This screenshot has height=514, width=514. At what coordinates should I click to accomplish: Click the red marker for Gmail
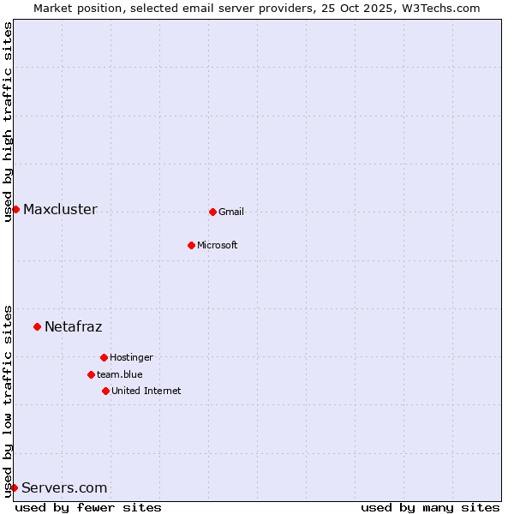[x=212, y=212]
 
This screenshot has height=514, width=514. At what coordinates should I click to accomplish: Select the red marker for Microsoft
[x=191, y=245]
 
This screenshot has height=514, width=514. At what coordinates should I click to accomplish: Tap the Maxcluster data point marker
[x=15, y=209]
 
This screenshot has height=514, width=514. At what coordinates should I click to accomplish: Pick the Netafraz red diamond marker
[x=37, y=326]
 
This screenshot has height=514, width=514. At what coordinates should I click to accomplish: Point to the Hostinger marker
[x=104, y=357]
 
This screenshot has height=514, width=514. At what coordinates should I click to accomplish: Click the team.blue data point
[x=91, y=374]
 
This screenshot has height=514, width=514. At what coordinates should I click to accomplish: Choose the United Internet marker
[x=105, y=391]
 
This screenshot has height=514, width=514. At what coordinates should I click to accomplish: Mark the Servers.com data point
[x=14, y=487]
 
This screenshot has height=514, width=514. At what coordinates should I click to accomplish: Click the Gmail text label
[x=231, y=212]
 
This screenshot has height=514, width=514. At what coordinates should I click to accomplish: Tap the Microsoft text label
[x=218, y=245]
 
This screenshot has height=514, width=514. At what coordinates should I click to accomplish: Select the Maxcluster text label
[x=60, y=209]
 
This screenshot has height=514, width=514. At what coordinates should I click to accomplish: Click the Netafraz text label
[x=74, y=326]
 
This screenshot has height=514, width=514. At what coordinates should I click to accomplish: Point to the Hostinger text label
[x=131, y=357]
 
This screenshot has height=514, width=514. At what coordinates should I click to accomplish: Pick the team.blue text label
[x=120, y=374]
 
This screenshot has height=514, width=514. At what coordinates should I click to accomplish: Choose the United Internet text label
[x=146, y=391]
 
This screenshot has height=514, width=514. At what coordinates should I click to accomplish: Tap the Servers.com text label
[x=64, y=487]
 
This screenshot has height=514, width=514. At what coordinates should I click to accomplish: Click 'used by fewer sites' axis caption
[x=88, y=507]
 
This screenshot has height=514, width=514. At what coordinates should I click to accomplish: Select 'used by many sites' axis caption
[x=430, y=507]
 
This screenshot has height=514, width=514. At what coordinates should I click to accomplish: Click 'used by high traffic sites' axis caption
[x=8, y=122]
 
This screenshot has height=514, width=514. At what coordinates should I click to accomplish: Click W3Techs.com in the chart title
[x=437, y=8]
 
